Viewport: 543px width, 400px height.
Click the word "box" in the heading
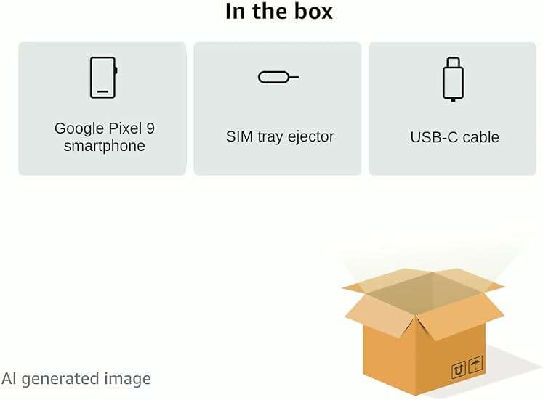tap(313, 12)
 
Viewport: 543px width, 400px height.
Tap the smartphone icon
tap(103, 78)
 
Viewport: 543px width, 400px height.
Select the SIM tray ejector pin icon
tap(278, 77)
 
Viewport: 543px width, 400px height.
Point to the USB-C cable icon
tap(454, 79)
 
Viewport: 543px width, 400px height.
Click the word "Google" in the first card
tap(79, 129)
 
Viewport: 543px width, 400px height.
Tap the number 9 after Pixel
tap(150, 128)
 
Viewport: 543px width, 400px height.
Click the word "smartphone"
tap(104, 146)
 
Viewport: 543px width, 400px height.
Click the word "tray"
tap(270, 137)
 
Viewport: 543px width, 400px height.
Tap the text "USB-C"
tap(434, 137)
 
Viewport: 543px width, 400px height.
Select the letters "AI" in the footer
tap(9, 378)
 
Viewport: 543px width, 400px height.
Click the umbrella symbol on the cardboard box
tap(475, 364)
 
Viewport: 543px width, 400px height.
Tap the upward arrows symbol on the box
tap(459, 370)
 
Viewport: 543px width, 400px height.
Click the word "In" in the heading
tap(235, 12)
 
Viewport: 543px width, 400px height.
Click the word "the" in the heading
tap(270, 12)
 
